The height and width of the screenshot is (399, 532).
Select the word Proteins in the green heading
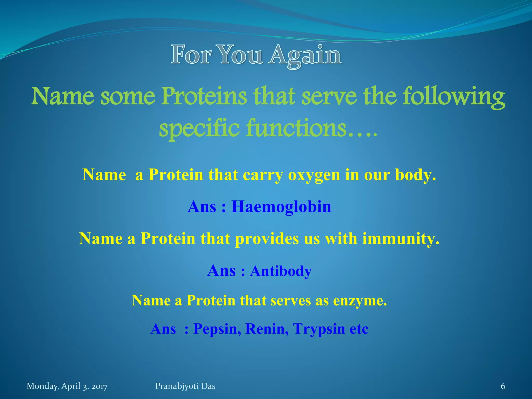tap(204, 97)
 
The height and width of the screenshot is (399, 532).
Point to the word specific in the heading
tap(199, 129)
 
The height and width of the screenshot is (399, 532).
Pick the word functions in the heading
tap(296, 128)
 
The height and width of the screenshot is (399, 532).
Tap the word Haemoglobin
tap(281, 207)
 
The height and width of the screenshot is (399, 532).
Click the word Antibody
tap(281, 271)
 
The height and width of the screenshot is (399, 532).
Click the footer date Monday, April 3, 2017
tap(67, 386)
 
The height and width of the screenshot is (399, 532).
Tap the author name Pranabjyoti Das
tap(185, 386)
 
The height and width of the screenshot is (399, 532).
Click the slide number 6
tap(503, 386)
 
